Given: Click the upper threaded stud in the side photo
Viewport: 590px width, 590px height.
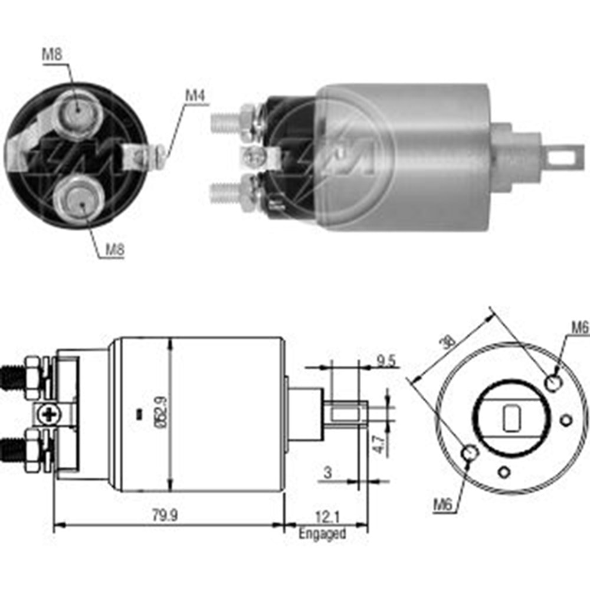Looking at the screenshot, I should coord(225,120).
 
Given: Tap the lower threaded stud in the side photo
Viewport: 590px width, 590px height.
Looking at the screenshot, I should coord(225,192).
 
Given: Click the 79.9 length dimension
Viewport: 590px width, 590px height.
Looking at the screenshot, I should coord(164,515).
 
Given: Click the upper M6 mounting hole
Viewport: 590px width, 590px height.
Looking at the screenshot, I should coord(553,383).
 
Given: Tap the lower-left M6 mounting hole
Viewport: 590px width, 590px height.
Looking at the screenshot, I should coord(470,453).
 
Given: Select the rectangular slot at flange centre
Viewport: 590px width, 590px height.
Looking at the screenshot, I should coord(510,418).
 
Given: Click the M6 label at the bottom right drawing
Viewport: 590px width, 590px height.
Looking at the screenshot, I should coord(445,504).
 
